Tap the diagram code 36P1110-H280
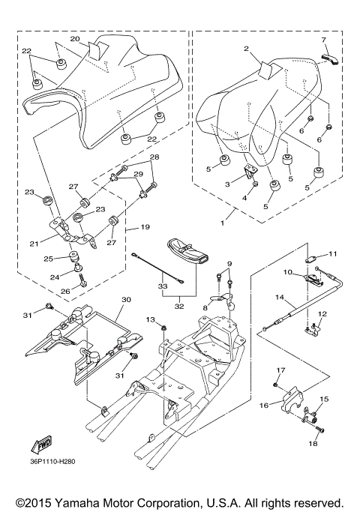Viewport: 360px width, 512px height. (x=51, y=462)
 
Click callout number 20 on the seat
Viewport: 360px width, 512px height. (x=75, y=39)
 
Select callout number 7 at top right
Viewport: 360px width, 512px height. (x=324, y=40)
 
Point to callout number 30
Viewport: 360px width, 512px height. (x=126, y=299)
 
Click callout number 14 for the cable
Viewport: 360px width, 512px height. (x=280, y=298)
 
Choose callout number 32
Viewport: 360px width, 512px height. (x=179, y=307)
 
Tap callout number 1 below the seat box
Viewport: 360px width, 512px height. (x=223, y=223)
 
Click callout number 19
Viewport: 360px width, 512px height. (x=145, y=226)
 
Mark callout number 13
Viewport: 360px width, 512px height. (x=150, y=319)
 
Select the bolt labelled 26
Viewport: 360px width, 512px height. (x=81, y=280)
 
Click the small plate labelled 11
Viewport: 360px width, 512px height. (x=311, y=259)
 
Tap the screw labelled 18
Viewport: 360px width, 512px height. (x=320, y=431)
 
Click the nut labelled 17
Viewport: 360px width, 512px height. (x=276, y=386)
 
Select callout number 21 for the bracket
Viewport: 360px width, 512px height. (x=34, y=244)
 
